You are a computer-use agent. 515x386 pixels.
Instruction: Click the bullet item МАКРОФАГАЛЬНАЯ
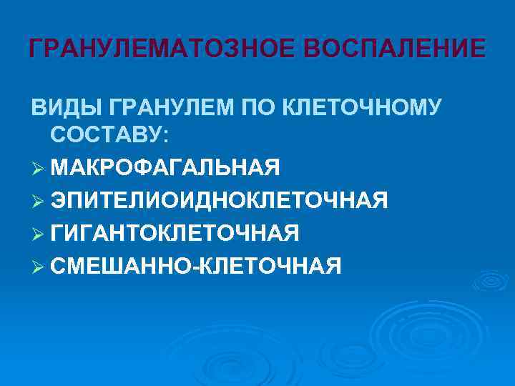(165, 168)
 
